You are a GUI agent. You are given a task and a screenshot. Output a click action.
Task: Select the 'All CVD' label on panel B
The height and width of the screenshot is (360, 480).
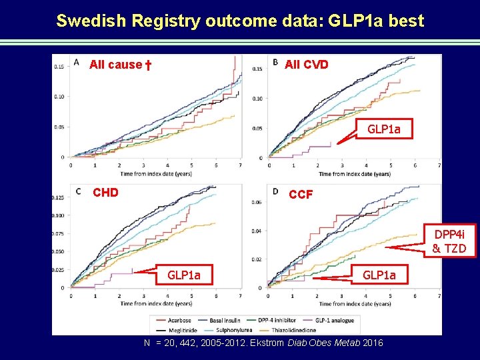point(306,65)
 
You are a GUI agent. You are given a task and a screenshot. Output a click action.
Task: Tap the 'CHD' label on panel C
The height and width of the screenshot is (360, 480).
point(105,193)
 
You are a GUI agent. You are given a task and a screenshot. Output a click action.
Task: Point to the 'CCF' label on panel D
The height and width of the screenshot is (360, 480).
point(301,195)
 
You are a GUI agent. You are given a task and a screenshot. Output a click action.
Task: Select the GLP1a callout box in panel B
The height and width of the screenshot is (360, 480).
point(383,129)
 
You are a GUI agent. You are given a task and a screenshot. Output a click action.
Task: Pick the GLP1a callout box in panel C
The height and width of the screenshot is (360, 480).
point(183,274)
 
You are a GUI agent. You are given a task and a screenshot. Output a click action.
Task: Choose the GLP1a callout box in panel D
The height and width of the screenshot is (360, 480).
point(379,274)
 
